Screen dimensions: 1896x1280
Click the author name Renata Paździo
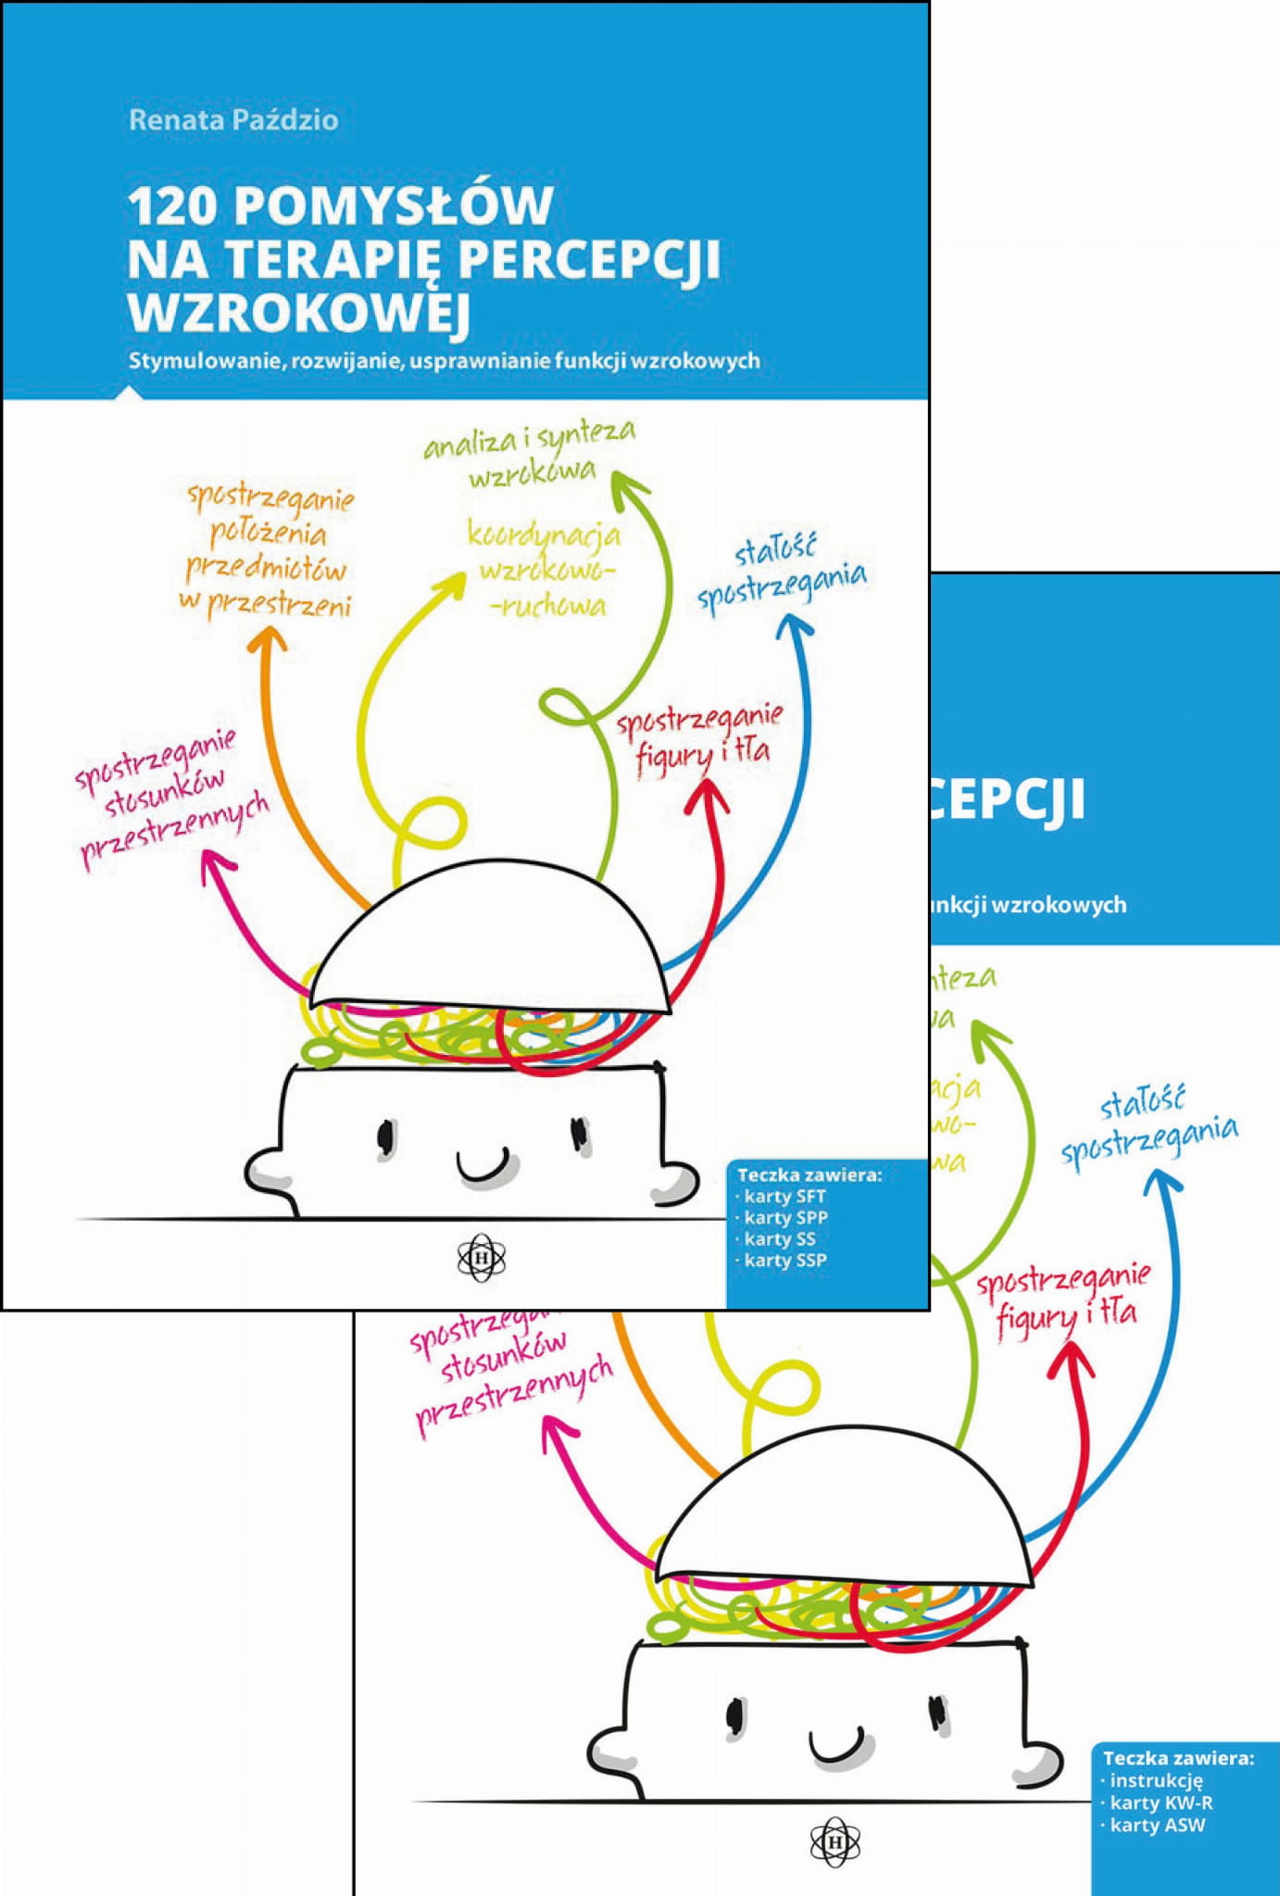233,120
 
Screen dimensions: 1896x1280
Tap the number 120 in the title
172,206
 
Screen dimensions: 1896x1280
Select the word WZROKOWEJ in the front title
299,312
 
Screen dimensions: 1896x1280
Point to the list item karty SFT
784,1196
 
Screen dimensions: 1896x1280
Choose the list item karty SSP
785,1260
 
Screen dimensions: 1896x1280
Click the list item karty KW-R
1161,1802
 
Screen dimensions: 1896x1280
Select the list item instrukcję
1155,1780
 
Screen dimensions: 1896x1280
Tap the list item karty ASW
1157,1826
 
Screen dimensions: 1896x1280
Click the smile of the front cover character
483,1165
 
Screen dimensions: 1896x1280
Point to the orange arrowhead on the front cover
268,638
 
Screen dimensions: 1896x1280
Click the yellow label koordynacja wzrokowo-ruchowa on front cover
545,569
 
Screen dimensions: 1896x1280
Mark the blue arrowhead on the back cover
1162,1181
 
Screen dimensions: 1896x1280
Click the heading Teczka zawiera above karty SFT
809,1174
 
